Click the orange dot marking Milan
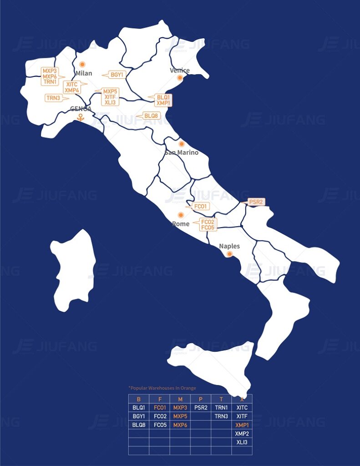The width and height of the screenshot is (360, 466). pyautogui.click(x=82, y=65)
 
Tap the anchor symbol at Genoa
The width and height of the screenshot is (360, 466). pyautogui.click(x=81, y=117)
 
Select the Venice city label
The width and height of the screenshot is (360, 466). pyautogui.click(x=179, y=71)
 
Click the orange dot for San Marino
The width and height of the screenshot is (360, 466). pyautogui.click(x=182, y=144)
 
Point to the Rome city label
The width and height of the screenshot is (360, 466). pyautogui.click(x=181, y=224)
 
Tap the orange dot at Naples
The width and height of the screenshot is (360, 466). pyautogui.click(x=230, y=254)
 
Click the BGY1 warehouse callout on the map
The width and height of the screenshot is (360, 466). pyautogui.click(x=117, y=75)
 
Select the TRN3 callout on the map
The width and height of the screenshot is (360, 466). pyautogui.click(x=54, y=98)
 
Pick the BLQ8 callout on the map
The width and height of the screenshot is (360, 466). pyautogui.click(x=151, y=116)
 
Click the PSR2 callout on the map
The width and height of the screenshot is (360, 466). pyautogui.click(x=256, y=202)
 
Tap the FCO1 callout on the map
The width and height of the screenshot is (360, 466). pyautogui.click(x=200, y=206)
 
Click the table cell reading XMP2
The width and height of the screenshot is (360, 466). pyautogui.click(x=242, y=434)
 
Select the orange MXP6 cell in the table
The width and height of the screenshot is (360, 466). pyautogui.click(x=180, y=425)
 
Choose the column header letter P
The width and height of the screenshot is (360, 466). pyautogui.click(x=201, y=399)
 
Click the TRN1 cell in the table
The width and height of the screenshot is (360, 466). pyautogui.click(x=221, y=408)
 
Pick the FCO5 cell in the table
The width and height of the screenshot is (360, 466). pyautogui.click(x=159, y=425)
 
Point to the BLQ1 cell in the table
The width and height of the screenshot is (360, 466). pyautogui.click(x=138, y=408)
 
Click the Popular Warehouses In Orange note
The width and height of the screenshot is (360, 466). pyautogui.click(x=162, y=388)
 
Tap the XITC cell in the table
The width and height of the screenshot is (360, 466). pyautogui.click(x=242, y=408)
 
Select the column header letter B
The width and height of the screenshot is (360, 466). pyautogui.click(x=138, y=399)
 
